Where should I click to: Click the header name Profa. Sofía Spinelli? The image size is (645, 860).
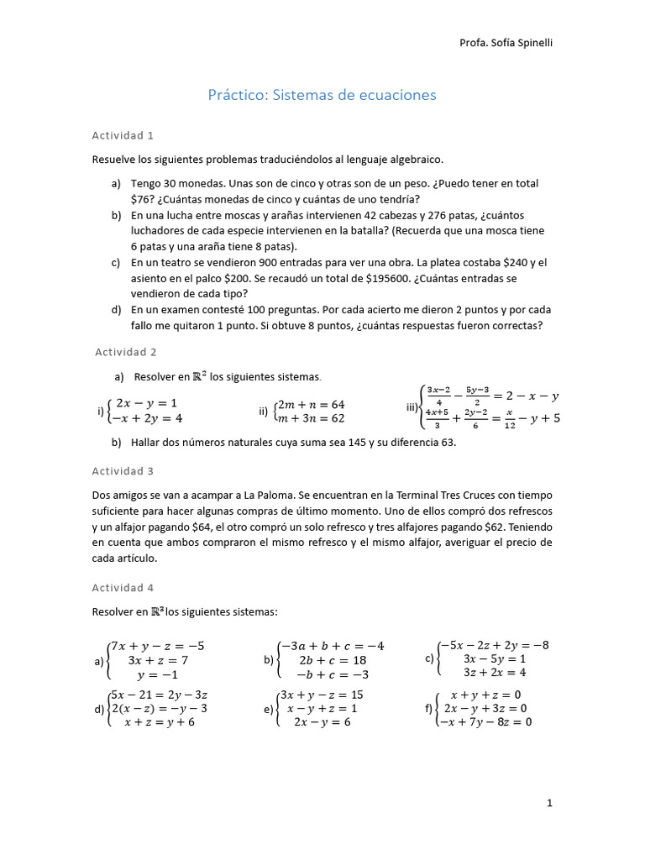(x=507, y=43)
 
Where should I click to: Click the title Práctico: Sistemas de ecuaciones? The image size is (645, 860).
(x=322, y=95)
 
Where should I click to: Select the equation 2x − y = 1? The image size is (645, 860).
(x=146, y=403)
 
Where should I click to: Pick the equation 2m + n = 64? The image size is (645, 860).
(x=312, y=404)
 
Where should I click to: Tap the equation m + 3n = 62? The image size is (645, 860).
(x=312, y=418)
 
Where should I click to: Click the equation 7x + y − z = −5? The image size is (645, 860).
(x=157, y=646)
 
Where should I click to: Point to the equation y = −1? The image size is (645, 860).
(x=157, y=675)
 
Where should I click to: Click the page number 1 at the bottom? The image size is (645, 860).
(x=549, y=803)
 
